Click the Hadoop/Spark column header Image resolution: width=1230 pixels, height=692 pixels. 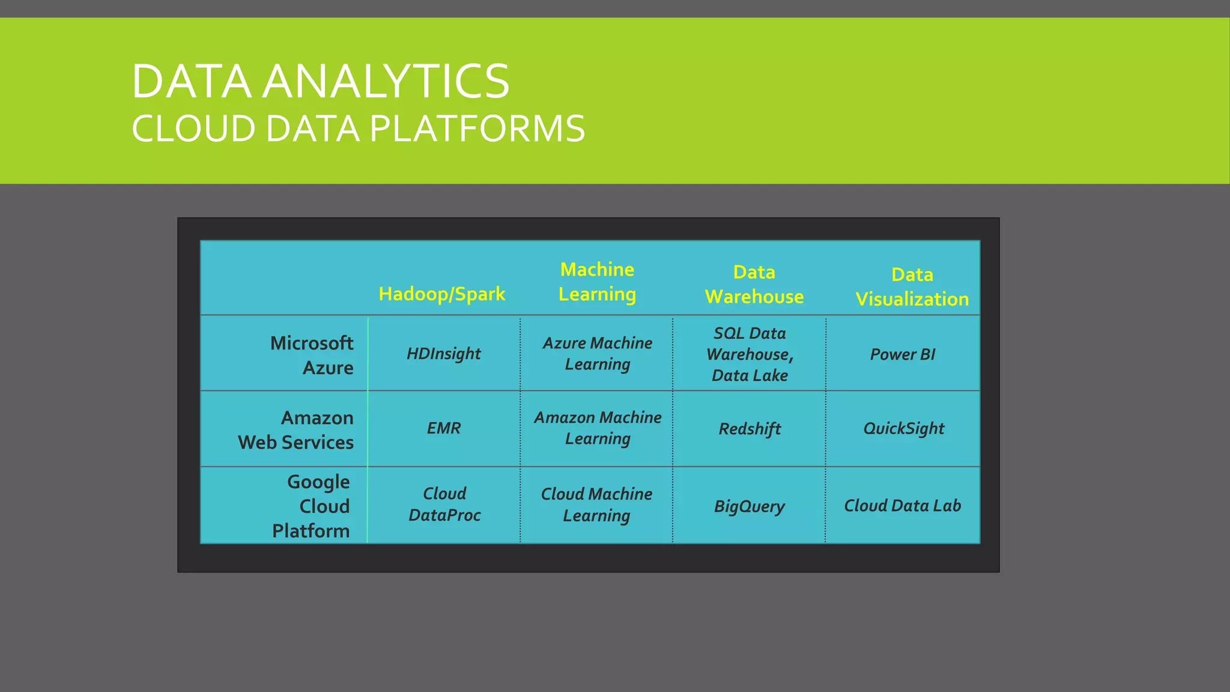pyautogui.click(x=442, y=294)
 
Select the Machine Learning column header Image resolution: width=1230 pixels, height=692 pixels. pyautogui.click(x=597, y=282)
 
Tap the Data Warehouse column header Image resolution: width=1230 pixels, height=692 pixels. pyautogui.click(x=754, y=284)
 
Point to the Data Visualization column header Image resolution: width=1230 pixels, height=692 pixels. pyautogui.click(x=912, y=287)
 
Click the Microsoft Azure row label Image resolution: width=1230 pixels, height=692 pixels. pyautogui.click(x=312, y=355)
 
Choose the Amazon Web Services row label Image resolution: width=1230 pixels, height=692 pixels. pyautogui.click(x=297, y=430)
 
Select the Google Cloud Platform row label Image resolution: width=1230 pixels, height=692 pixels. pyautogui.click(x=311, y=506)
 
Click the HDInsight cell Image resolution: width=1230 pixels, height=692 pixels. pyautogui.click(x=443, y=354)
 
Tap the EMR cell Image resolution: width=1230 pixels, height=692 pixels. pyautogui.click(x=443, y=428)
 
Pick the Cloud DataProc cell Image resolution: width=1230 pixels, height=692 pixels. pyautogui.click(x=444, y=504)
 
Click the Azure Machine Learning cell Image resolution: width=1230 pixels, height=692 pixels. pyautogui.click(x=597, y=353)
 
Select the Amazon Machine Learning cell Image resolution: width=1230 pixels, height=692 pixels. pyautogui.click(x=598, y=428)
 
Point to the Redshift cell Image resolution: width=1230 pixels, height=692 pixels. pyautogui.click(x=750, y=429)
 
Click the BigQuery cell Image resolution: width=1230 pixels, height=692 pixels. pyautogui.click(x=749, y=506)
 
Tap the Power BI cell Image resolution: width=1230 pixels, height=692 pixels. pyautogui.click(x=903, y=354)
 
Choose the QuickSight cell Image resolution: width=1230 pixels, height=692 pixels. pyautogui.click(x=903, y=428)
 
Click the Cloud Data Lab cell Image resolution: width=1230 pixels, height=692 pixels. pyautogui.click(x=902, y=506)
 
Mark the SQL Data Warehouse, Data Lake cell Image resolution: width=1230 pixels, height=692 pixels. pyautogui.click(x=750, y=354)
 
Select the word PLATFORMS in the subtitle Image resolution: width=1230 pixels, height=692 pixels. pyautogui.click(x=477, y=129)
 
